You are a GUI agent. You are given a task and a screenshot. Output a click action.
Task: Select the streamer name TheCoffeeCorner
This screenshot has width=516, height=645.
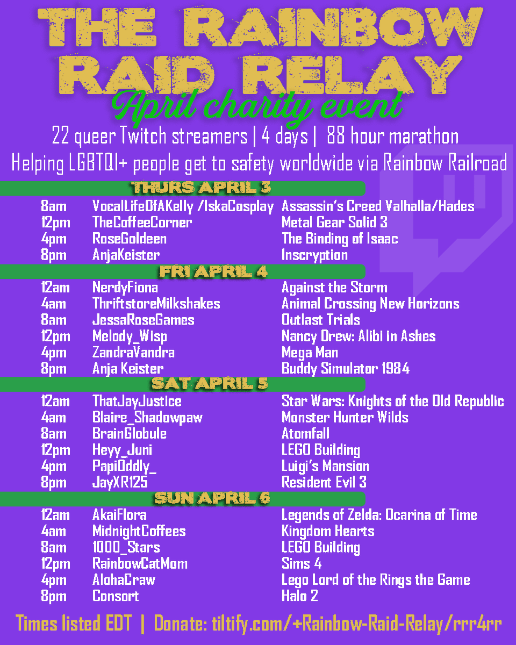pos(142,222)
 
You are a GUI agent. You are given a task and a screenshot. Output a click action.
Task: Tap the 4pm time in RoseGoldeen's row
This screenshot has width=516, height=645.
pos(53,239)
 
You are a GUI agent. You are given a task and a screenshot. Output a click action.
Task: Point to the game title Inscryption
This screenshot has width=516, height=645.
pos(314,255)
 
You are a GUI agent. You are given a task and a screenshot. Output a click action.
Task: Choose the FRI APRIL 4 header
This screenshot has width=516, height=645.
pos(213,271)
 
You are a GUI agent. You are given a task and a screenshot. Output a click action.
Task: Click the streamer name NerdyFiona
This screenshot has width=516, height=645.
pos(125,288)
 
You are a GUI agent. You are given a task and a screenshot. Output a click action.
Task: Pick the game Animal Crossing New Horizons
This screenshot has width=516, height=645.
pos(370,304)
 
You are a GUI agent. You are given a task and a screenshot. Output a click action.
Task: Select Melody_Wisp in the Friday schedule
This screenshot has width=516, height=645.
pos(130,336)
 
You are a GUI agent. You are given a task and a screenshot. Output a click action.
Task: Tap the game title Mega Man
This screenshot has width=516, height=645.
pos(310,353)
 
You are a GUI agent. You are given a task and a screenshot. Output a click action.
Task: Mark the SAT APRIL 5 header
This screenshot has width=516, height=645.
pos(210,384)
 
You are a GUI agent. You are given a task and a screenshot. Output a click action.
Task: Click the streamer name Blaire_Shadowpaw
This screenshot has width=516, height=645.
pos(147,418)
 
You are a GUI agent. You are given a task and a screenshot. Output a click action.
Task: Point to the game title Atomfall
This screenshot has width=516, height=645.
pos(305,434)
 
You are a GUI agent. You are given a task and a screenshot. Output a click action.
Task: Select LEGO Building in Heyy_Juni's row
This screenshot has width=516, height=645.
pos(321,450)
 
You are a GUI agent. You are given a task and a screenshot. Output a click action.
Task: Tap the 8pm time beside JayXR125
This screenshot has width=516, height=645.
pos(53,482)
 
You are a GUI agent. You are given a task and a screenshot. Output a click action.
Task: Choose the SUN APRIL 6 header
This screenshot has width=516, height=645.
pos(212,498)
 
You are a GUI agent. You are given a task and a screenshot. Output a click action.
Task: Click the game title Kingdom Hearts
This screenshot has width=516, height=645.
pos(328,531)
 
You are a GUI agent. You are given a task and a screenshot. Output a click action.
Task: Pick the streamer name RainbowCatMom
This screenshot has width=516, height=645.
pos(140,564)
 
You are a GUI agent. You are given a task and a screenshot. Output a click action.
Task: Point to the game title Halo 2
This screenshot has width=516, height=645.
pos(299,596)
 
